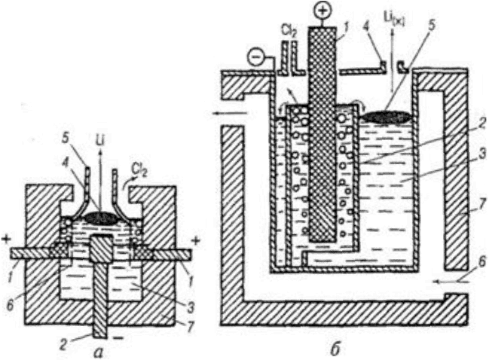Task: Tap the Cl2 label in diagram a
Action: point(137,167)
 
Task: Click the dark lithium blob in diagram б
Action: point(387,117)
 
